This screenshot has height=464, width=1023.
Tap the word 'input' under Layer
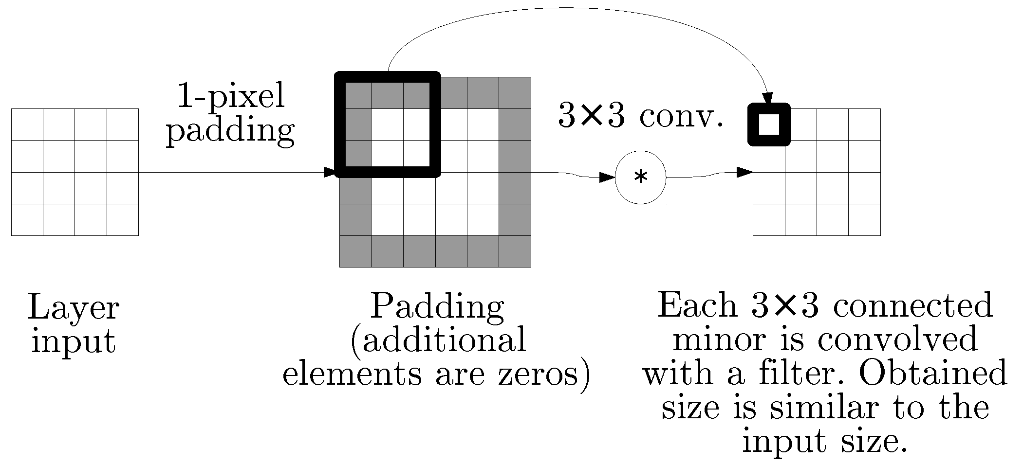(74, 341)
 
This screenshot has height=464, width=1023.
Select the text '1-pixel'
(231, 96)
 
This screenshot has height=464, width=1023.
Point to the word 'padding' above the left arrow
(231, 130)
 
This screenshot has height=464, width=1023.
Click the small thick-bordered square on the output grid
(769, 125)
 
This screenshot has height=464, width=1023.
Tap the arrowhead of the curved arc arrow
(767, 98)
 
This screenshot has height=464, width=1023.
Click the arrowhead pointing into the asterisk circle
(607, 178)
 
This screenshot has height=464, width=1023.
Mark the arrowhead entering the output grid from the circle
(745, 172)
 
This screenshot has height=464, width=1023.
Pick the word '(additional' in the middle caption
(438, 340)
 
